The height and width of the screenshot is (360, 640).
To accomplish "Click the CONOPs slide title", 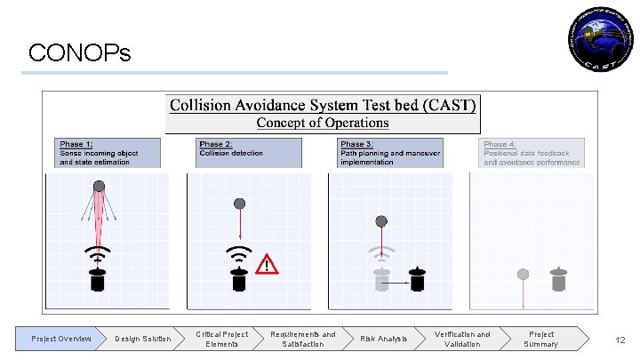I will [79, 54].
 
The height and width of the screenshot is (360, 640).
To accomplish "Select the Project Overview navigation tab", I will [60, 339].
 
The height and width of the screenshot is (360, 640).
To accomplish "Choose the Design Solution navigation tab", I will [142, 339].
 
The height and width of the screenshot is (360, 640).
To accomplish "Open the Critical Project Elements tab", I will [222, 339].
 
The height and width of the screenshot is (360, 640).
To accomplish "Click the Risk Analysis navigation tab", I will [383, 339].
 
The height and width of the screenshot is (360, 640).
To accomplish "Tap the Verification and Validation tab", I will [461, 339].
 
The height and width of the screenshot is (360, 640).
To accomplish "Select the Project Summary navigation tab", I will [540, 339].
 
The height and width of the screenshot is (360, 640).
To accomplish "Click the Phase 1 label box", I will [108, 152].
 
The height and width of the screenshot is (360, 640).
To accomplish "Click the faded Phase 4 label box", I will [532, 152].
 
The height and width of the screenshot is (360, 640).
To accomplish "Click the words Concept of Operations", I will [323, 123].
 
